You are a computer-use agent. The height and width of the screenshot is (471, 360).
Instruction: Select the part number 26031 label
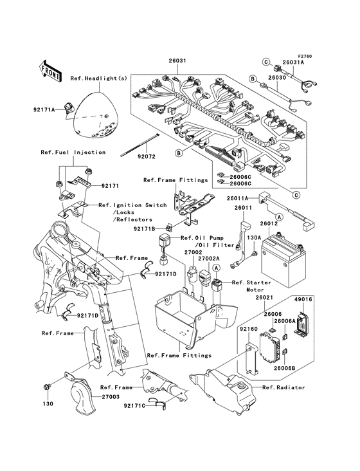point(177,61)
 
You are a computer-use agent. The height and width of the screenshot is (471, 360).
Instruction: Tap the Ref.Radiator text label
point(283,387)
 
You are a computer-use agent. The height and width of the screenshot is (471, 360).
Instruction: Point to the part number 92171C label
point(135,407)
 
